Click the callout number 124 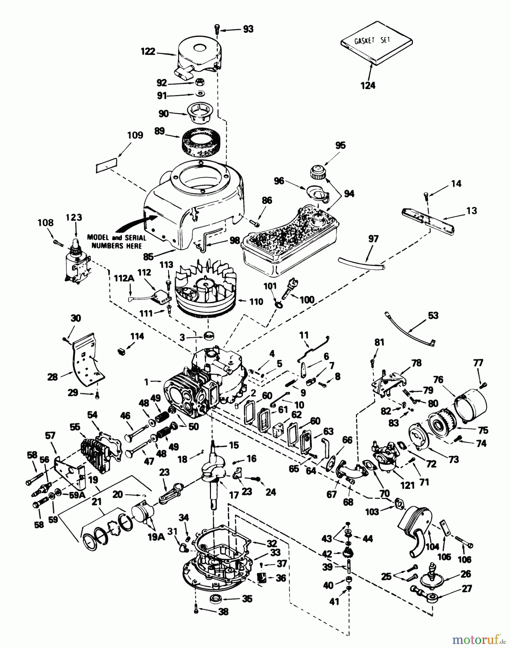368,85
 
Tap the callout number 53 433,315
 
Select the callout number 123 74,217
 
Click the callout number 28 52,377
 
